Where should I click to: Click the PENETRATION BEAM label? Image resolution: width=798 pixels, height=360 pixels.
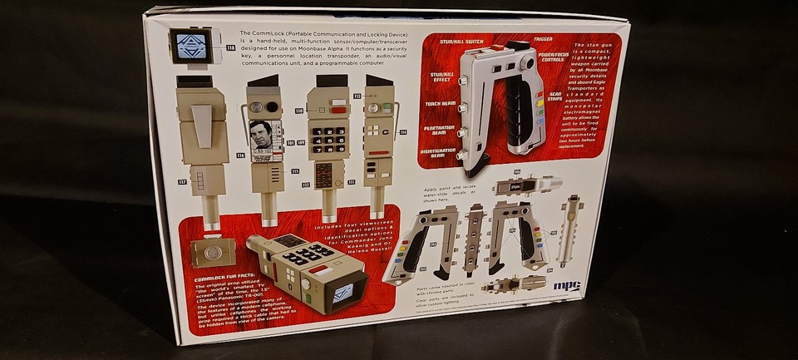[x=438, y=131]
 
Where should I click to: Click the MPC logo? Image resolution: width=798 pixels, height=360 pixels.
[x=565, y=285]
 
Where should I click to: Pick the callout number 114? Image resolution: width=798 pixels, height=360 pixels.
[x=402, y=132]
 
